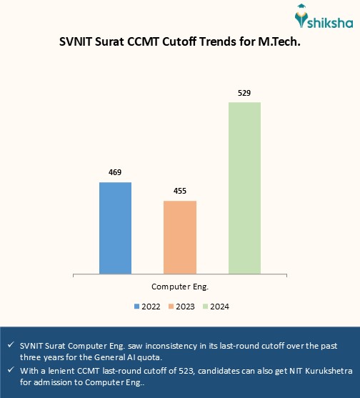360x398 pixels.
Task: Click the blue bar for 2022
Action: (x=115, y=228)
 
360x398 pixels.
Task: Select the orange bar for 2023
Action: (x=180, y=237)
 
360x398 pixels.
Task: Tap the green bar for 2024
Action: (x=244, y=188)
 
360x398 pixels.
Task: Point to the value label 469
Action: (x=115, y=173)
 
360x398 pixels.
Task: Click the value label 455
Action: (x=180, y=191)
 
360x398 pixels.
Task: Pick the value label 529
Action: (x=244, y=93)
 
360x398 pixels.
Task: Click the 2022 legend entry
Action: (x=147, y=307)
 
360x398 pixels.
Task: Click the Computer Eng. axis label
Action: (x=179, y=287)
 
